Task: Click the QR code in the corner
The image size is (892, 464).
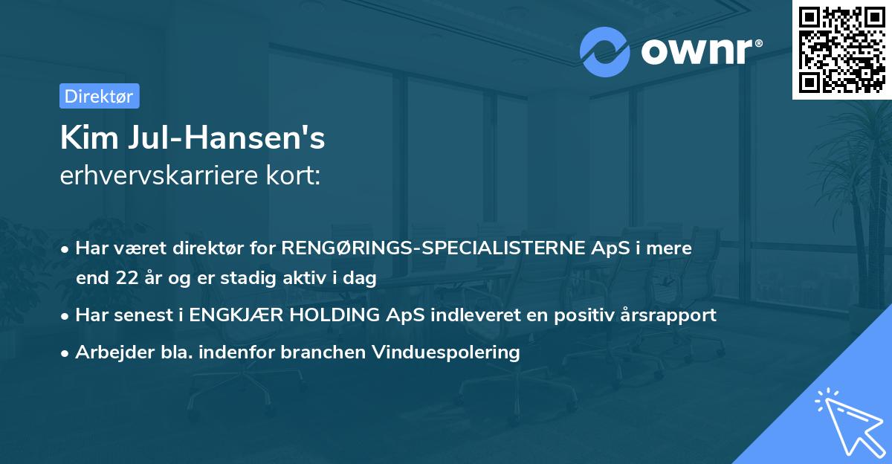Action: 842,49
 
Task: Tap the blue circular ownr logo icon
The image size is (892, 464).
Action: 606,51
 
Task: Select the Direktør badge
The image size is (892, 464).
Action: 99,96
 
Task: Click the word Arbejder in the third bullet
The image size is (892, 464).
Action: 106,352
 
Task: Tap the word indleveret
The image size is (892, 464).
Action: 468,315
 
